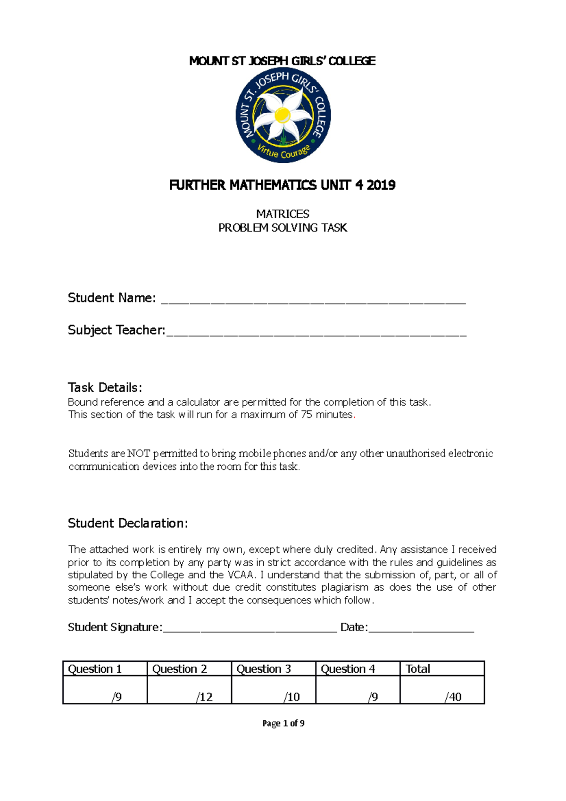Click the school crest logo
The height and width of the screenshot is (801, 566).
coord(283,117)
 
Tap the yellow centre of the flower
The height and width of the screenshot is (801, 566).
coord(282,115)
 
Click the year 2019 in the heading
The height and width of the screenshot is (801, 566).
coord(381,185)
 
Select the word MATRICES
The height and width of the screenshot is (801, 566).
coord(283,214)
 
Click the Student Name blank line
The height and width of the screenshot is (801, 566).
coord(313,300)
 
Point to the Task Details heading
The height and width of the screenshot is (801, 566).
coord(105,388)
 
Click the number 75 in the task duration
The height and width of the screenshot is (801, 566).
coord(306,415)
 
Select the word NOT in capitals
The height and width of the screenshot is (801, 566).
coord(138,454)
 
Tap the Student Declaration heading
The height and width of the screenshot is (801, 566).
coord(128,524)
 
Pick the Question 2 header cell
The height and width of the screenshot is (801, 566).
coord(189,669)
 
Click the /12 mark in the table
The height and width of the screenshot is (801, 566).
coord(204,697)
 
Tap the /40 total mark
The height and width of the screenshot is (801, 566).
coord(453,697)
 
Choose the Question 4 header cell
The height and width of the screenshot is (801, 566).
coord(357,669)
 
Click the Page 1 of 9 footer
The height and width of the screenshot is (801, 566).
coord(283,723)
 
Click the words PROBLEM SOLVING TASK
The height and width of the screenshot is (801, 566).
coord(283,228)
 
